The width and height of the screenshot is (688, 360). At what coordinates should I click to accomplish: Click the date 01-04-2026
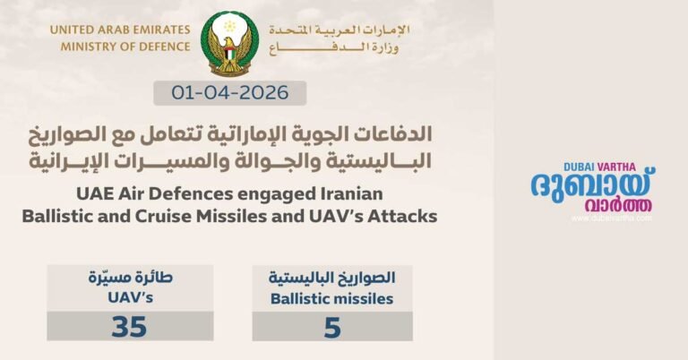[x=229, y=92]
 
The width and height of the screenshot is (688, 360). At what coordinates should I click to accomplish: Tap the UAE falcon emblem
[x=229, y=43]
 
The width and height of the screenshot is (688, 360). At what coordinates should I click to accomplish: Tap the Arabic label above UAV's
[x=130, y=278]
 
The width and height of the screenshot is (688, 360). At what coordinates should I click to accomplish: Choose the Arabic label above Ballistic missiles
[x=332, y=278]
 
